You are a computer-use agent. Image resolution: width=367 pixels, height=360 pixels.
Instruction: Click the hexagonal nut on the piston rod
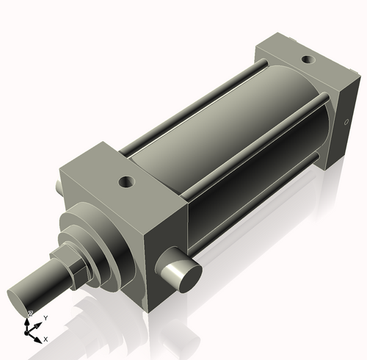(x=75, y=269)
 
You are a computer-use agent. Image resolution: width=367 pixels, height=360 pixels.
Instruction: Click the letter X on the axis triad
(x=46, y=340)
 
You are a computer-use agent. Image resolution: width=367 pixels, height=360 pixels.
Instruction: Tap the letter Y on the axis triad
(x=46, y=317)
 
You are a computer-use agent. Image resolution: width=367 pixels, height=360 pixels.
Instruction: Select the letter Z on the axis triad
(x=29, y=314)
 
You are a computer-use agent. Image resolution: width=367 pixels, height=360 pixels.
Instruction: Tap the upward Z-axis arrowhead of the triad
(x=28, y=320)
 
